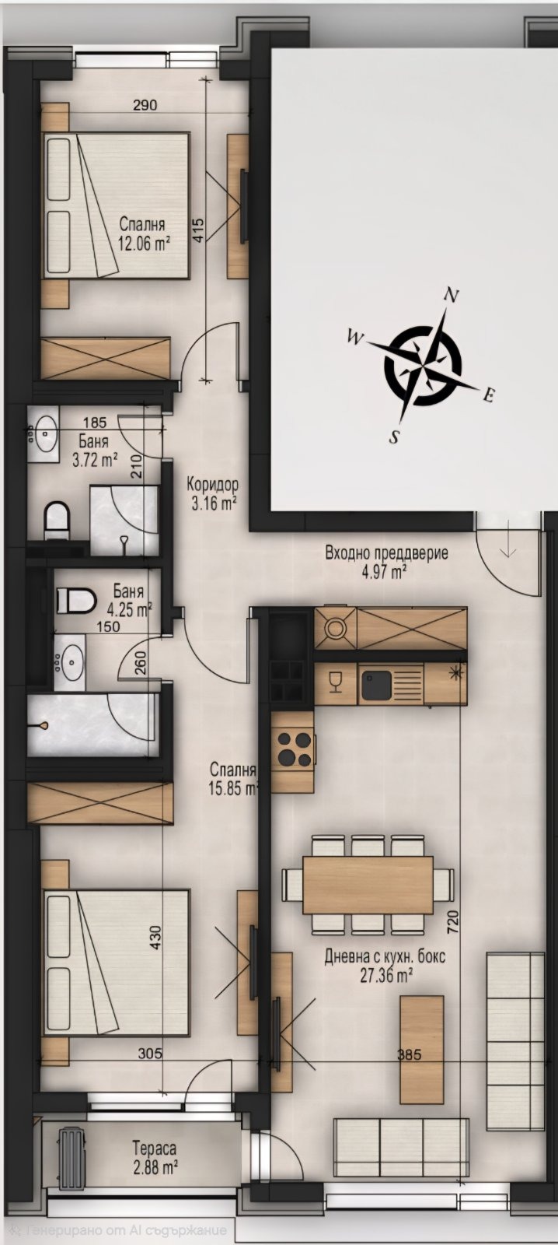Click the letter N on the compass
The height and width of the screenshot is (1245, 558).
click(x=453, y=295)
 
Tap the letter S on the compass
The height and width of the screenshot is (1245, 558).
click(x=394, y=437)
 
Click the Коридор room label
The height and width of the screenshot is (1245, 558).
click(x=213, y=483)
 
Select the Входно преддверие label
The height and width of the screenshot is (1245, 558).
click(x=386, y=553)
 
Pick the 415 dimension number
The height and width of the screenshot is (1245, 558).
click(x=198, y=228)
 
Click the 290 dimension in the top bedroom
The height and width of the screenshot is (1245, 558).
click(x=145, y=104)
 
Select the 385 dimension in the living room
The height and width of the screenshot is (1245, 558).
click(x=410, y=1054)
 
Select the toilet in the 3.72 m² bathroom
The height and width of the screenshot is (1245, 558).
click(x=56, y=521)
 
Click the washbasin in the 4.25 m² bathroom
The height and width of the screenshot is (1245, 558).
click(x=69, y=662)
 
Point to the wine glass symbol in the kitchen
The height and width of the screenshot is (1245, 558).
click(x=335, y=682)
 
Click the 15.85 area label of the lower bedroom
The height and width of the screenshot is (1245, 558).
click(x=233, y=789)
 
